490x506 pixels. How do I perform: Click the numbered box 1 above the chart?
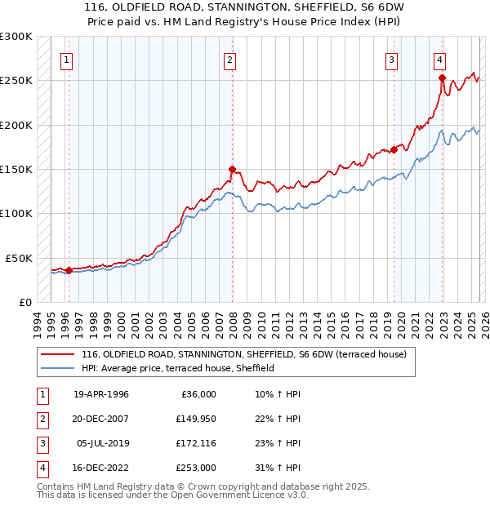tap(66, 59)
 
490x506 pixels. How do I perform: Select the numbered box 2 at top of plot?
tap(230, 59)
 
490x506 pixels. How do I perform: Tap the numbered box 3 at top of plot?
tap(391, 59)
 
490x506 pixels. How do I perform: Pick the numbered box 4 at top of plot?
tap(439, 59)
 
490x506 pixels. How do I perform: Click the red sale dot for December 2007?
tap(232, 170)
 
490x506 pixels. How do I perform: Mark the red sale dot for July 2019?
tap(394, 149)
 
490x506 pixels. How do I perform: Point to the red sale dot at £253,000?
tap(442, 78)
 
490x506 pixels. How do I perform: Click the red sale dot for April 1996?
tap(69, 270)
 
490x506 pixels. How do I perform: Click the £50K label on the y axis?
tap(19, 258)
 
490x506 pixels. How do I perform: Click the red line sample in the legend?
tap(56, 354)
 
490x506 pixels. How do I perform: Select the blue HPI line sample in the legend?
tap(56, 368)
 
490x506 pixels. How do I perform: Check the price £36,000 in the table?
tap(198, 394)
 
